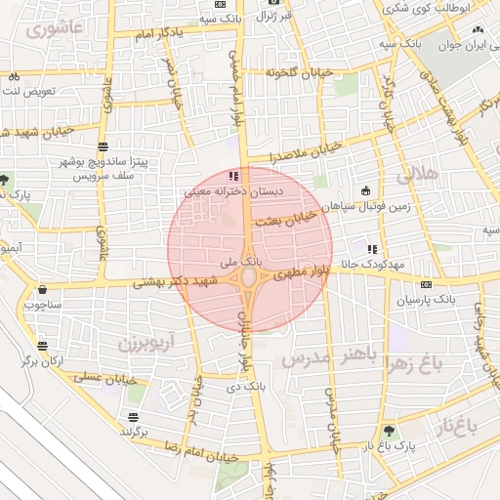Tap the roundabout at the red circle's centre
pyautogui.click(x=249, y=279)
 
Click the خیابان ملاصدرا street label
pyautogui.click(x=294, y=151)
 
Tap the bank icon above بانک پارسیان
pyautogui.click(x=425, y=285)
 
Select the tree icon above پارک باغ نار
pyautogui.click(x=390, y=431)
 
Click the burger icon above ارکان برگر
pyautogui.click(x=42, y=346)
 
